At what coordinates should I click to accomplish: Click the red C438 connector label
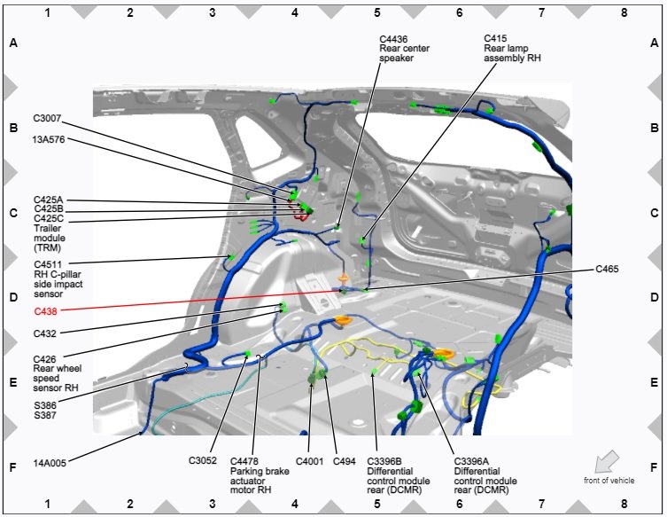(x=46, y=312)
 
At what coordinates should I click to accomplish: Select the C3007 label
(x=49, y=118)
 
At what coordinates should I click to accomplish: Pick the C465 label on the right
(x=607, y=268)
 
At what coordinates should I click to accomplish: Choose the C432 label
(x=46, y=334)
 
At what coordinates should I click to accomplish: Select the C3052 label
(x=203, y=460)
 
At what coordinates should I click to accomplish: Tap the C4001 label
(x=310, y=460)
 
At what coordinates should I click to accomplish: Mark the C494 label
(x=344, y=460)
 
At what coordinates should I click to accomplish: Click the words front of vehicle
(x=609, y=480)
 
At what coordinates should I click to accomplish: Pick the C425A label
(x=49, y=200)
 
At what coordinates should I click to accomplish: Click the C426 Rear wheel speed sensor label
(x=56, y=373)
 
